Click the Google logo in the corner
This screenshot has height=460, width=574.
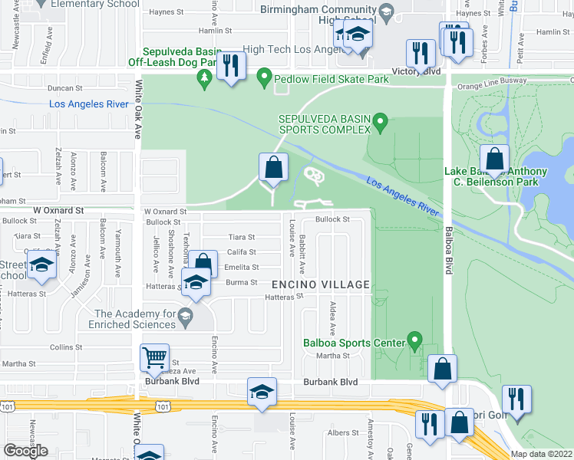(25, 451)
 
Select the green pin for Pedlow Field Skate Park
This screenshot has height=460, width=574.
(265, 77)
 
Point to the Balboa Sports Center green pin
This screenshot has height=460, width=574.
(415, 338)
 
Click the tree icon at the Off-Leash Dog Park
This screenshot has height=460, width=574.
(204, 77)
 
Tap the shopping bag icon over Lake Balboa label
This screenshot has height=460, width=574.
(496, 159)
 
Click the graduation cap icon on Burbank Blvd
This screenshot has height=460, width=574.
(262, 391)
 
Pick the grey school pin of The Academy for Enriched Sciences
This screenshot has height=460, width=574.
(184, 315)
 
